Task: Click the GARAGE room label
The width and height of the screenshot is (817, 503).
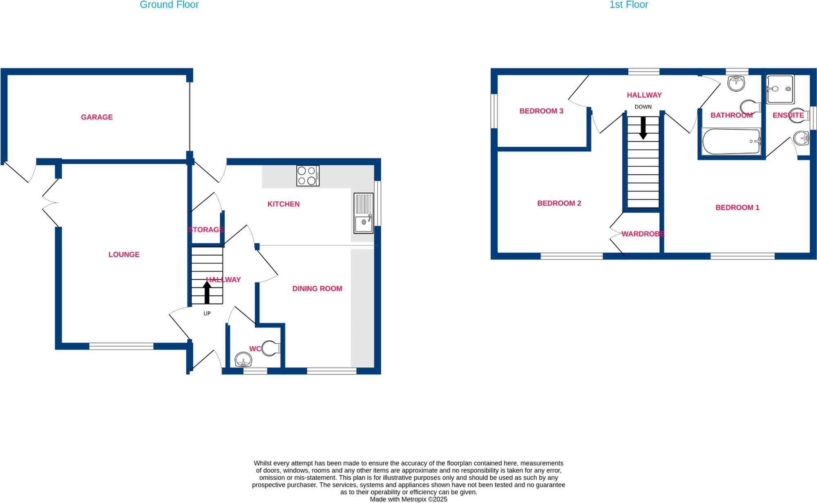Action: pos(97,117)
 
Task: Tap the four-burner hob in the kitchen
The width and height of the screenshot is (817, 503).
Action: pos(308,176)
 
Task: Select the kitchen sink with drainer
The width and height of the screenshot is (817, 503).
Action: pos(363,213)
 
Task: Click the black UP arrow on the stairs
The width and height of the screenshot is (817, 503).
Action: pos(207,292)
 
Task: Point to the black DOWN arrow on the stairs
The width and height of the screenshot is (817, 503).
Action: pos(643,128)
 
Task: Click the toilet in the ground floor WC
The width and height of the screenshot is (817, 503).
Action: pos(270,348)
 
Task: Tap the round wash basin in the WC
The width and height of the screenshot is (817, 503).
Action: pos(243,360)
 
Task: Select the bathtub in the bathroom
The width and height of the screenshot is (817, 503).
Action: pos(731,141)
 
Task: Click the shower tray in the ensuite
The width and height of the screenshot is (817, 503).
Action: pos(780,89)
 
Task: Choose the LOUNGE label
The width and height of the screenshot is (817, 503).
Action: pos(124,254)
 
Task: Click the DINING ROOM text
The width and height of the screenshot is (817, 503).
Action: pos(317,289)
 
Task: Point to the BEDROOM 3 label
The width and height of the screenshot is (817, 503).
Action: pos(541,111)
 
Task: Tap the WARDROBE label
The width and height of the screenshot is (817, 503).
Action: pos(643,234)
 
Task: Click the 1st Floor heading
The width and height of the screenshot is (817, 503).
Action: pos(628,5)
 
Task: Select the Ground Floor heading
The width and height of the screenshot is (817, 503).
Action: pos(169,5)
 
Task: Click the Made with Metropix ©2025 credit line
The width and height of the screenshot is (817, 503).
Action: pos(408,499)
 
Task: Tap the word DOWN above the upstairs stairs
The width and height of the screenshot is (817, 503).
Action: pos(643,107)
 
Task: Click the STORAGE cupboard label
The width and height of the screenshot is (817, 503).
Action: pos(206,230)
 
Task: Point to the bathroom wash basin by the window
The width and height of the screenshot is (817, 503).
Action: pos(736,83)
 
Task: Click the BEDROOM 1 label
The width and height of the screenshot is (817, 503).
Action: pos(737,207)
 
